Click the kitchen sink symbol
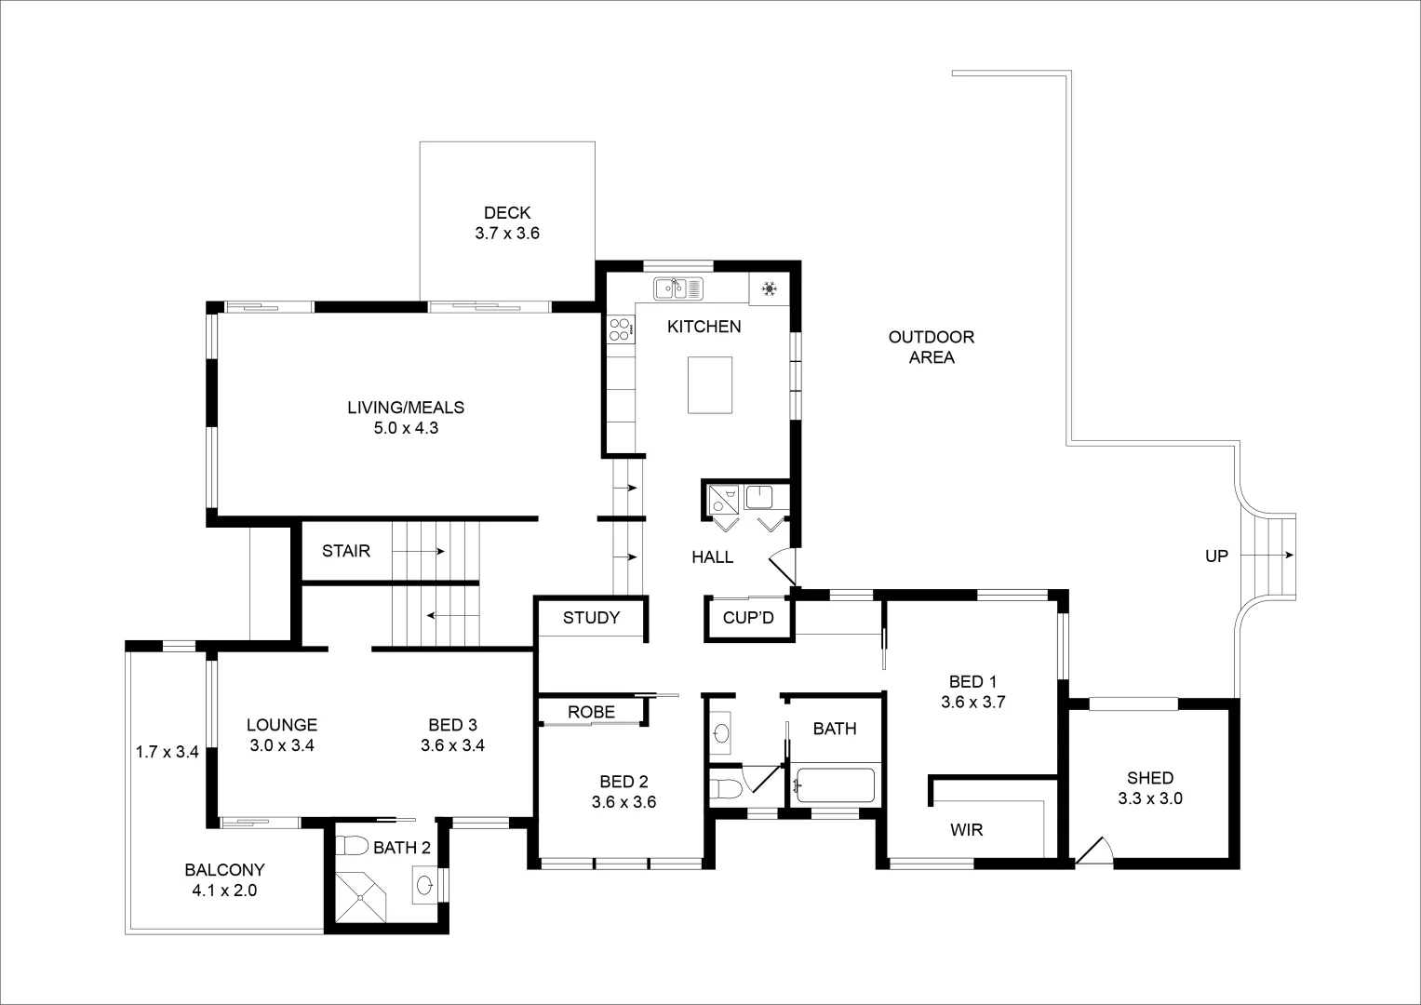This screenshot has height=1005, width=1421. pyautogui.click(x=678, y=288)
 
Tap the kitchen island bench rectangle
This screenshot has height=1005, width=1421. pyautogui.click(x=710, y=384)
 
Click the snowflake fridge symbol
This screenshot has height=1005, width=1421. pyautogui.click(x=770, y=289)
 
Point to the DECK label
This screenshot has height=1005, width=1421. pyautogui.click(x=507, y=213)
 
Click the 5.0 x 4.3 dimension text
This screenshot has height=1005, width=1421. pyautogui.click(x=406, y=429)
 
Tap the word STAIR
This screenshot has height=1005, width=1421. pyautogui.click(x=346, y=551)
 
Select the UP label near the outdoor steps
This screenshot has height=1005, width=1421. pyautogui.click(x=1216, y=556)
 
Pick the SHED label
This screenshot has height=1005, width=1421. pyautogui.click(x=1150, y=778)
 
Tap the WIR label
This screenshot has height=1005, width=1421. pyautogui.click(x=967, y=830)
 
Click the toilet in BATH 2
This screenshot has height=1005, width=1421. pyautogui.click(x=352, y=847)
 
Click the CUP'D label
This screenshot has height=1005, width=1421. pyautogui.click(x=748, y=618)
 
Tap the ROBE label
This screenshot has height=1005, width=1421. pyautogui.click(x=591, y=712)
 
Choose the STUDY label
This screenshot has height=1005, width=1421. pyautogui.click(x=591, y=618)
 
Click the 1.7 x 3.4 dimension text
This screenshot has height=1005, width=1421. pyautogui.click(x=168, y=752)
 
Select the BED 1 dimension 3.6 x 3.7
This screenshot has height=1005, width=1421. pyautogui.click(x=973, y=703)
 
